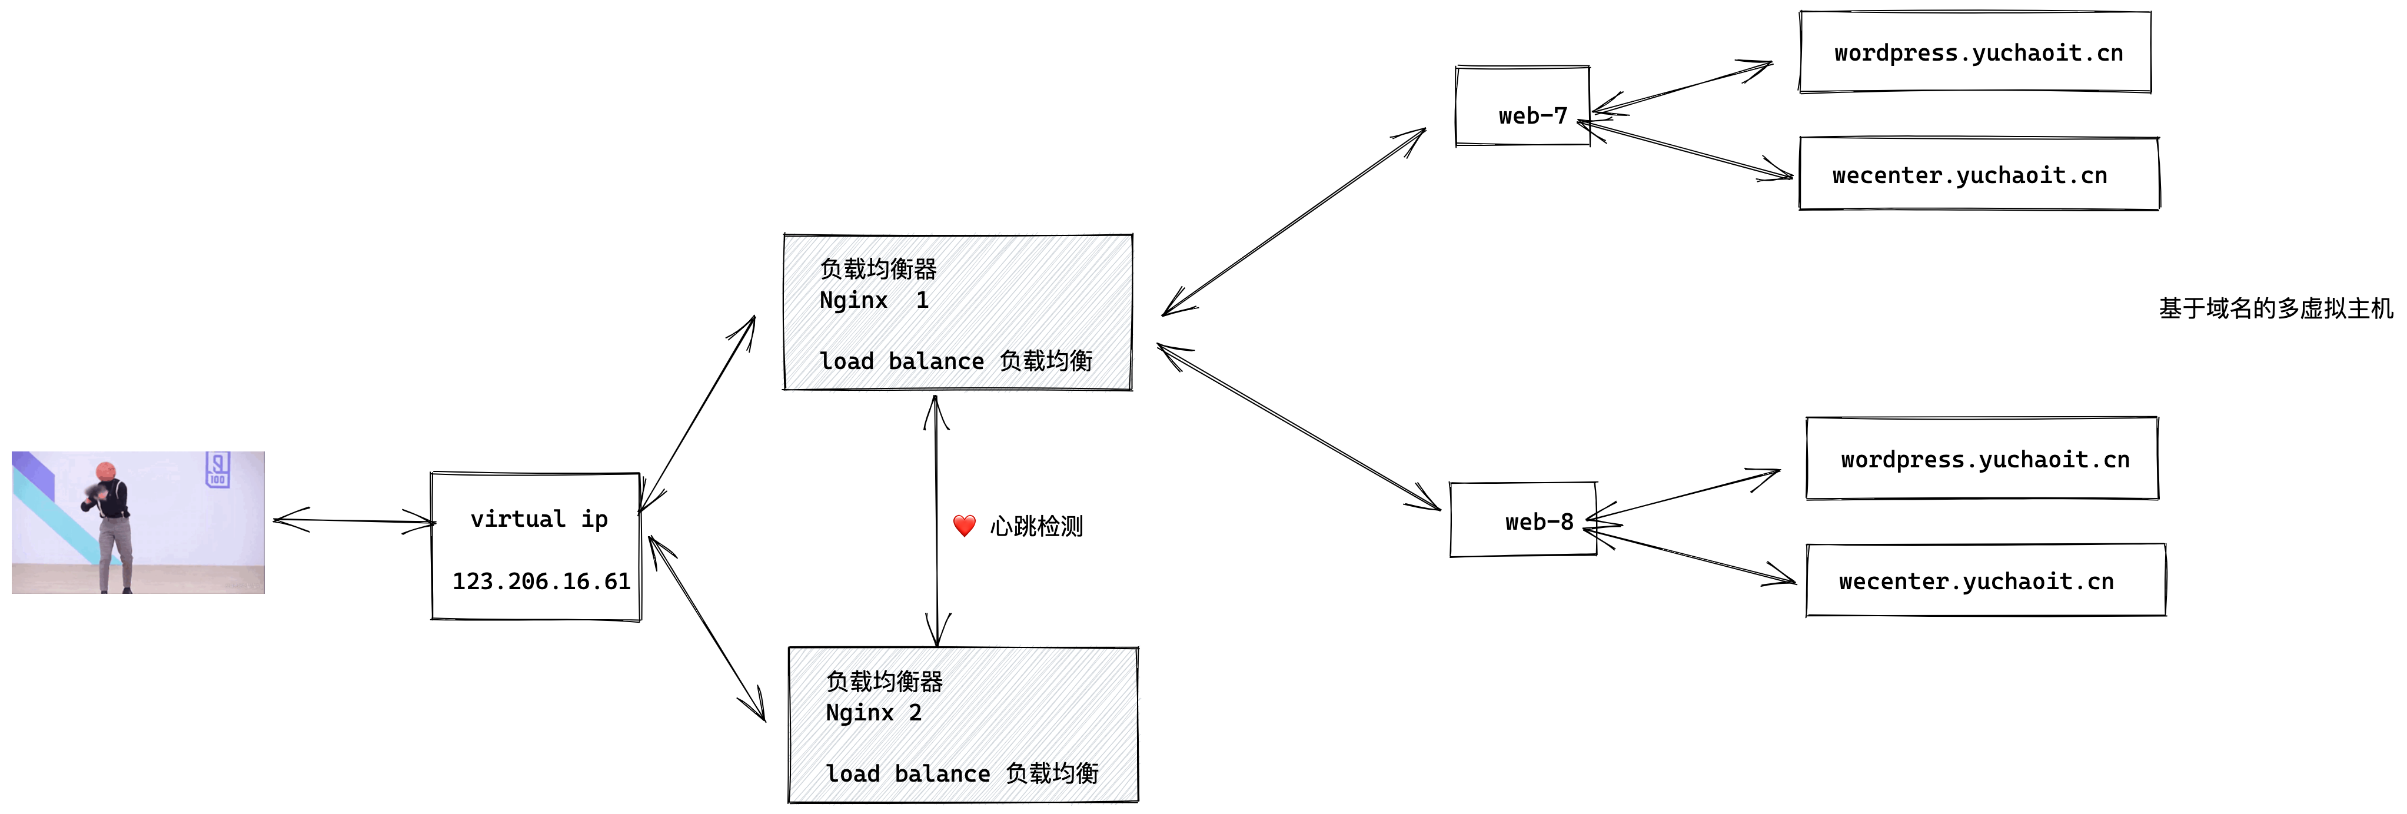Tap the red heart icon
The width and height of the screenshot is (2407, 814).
coord(965,526)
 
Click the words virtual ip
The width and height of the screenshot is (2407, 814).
coord(538,520)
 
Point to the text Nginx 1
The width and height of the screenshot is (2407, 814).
coord(874,301)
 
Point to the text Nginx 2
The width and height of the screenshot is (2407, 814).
coord(874,713)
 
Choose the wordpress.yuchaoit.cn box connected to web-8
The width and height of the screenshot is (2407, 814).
coord(1982,460)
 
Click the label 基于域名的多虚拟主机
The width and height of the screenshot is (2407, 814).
coord(2275,308)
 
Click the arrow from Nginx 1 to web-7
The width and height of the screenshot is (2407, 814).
coord(1294,221)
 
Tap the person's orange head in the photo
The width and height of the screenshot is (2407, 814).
coord(105,470)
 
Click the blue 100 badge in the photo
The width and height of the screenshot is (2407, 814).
coord(218,469)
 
